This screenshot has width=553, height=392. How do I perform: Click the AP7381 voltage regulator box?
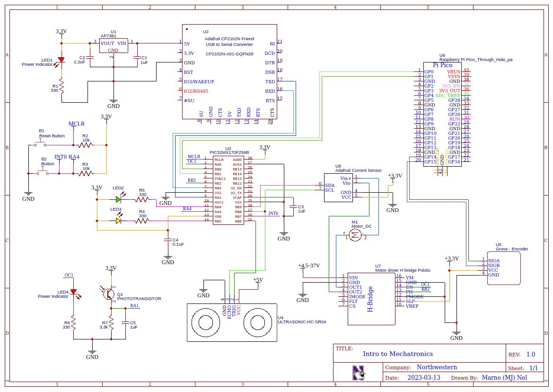coord(113,46)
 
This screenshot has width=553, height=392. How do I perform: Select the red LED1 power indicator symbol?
coord(61,61)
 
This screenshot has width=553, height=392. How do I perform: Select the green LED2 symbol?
coord(118,199)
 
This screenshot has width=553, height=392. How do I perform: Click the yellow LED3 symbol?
coord(118,220)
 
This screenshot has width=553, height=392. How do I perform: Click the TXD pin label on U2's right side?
coord(270,81)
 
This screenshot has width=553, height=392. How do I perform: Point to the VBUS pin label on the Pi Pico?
coord(453,72)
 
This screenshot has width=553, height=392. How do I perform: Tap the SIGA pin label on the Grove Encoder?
coord(493,260)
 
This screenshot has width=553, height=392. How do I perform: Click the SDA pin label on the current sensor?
coord(330,185)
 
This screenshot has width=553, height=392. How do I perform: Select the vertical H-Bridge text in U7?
coord(370,299)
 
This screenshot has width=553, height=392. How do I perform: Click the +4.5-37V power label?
coord(309,266)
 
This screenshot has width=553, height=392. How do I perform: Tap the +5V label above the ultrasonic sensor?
coord(257,280)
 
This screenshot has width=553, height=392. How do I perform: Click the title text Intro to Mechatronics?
coord(397,354)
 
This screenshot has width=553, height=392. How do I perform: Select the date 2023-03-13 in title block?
coord(424,377)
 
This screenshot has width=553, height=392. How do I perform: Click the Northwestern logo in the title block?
coord(359,373)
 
